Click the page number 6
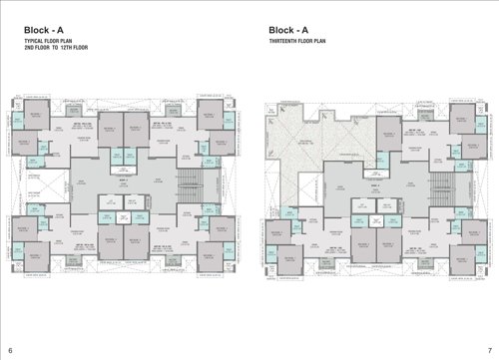pyautogui.click(x=10, y=350)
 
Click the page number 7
pyautogui.click(x=488, y=350)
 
